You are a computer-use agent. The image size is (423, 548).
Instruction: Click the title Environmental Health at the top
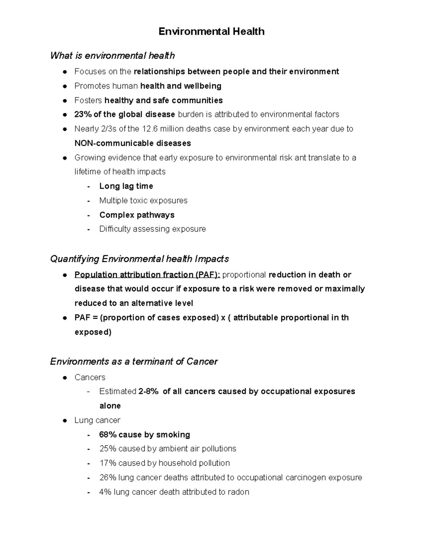pyautogui.click(x=211, y=31)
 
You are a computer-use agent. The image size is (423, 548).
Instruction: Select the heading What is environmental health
pyautogui.click(x=112, y=55)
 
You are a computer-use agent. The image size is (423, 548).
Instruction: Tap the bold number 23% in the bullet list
pyautogui.click(x=82, y=114)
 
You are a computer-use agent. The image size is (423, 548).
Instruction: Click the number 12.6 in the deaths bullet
pyautogui.click(x=150, y=129)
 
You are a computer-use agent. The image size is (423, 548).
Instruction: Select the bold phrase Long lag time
pyautogui.click(x=126, y=186)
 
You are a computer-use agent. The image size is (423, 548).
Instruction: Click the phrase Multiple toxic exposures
pyautogui.click(x=143, y=200)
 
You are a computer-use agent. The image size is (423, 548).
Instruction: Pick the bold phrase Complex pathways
pyautogui.click(x=137, y=215)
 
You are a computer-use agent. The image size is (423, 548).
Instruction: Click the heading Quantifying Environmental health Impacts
pyautogui.click(x=139, y=259)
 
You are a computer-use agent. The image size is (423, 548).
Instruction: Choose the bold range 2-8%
pyautogui.click(x=148, y=391)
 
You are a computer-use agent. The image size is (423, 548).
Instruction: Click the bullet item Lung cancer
pyautogui.click(x=97, y=420)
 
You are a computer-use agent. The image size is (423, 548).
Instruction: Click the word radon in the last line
pyautogui.click(x=238, y=492)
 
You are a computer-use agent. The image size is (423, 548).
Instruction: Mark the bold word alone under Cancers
pyautogui.click(x=110, y=406)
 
